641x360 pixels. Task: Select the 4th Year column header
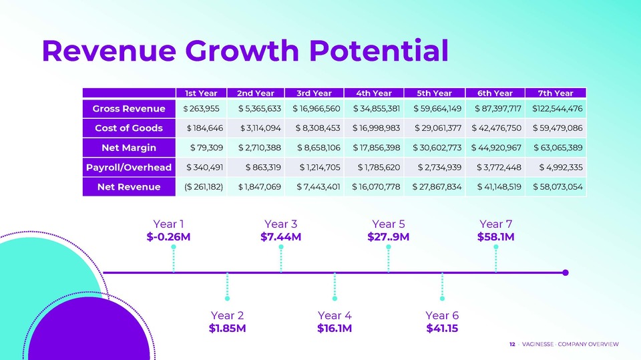pyautogui.click(x=374, y=94)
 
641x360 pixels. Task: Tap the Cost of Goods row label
pyautogui.click(x=129, y=128)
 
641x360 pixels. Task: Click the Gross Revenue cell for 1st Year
pyautogui.click(x=201, y=108)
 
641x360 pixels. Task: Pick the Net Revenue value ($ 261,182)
pyautogui.click(x=204, y=187)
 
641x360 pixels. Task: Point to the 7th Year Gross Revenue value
pyautogui.click(x=557, y=108)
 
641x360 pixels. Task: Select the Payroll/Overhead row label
pyautogui.click(x=129, y=168)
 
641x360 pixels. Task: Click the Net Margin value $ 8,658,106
pyautogui.click(x=318, y=148)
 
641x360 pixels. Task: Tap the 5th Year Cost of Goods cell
pyautogui.click(x=438, y=128)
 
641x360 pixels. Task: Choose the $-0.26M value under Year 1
pyautogui.click(x=168, y=237)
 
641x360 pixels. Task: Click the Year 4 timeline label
pyautogui.click(x=335, y=315)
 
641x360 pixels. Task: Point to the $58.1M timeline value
pyautogui.click(x=496, y=237)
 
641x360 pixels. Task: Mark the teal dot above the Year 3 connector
pyautogui.click(x=281, y=247)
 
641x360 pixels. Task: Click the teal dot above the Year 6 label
pyautogui.click(x=442, y=299)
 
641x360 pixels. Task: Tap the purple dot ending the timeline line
pyautogui.click(x=566, y=273)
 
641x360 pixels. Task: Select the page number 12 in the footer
pyautogui.click(x=512, y=345)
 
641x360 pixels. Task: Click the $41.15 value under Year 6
pyautogui.click(x=442, y=328)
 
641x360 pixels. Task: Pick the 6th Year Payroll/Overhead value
pyautogui.click(x=499, y=168)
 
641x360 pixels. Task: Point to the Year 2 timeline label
pyautogui.click(x=227, y=315)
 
